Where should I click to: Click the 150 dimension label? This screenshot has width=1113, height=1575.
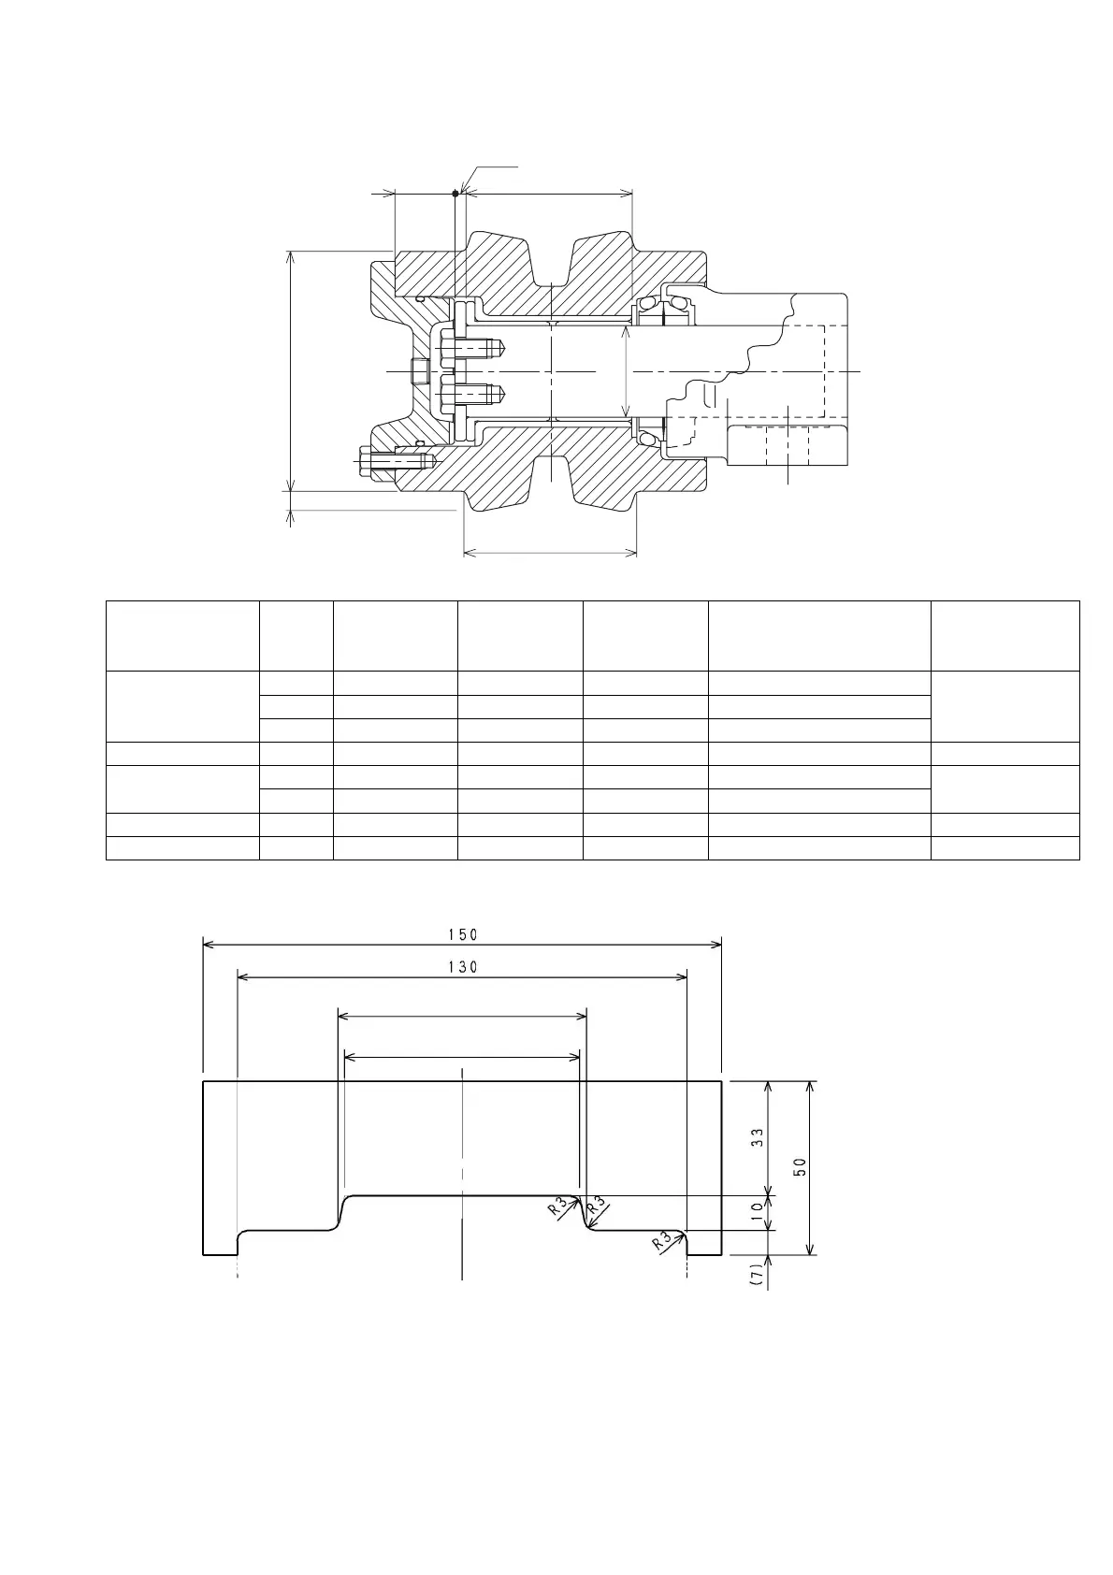463,934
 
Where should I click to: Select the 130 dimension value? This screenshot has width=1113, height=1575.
463,967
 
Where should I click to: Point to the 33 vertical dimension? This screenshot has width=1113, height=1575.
758,1137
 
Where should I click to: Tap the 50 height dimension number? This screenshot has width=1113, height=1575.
800,1166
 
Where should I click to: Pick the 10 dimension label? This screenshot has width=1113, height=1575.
758,1211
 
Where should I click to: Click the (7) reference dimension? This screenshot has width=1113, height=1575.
756,1274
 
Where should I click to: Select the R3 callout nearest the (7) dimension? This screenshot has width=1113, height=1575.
661,1243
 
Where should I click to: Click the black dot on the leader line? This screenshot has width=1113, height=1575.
455,193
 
